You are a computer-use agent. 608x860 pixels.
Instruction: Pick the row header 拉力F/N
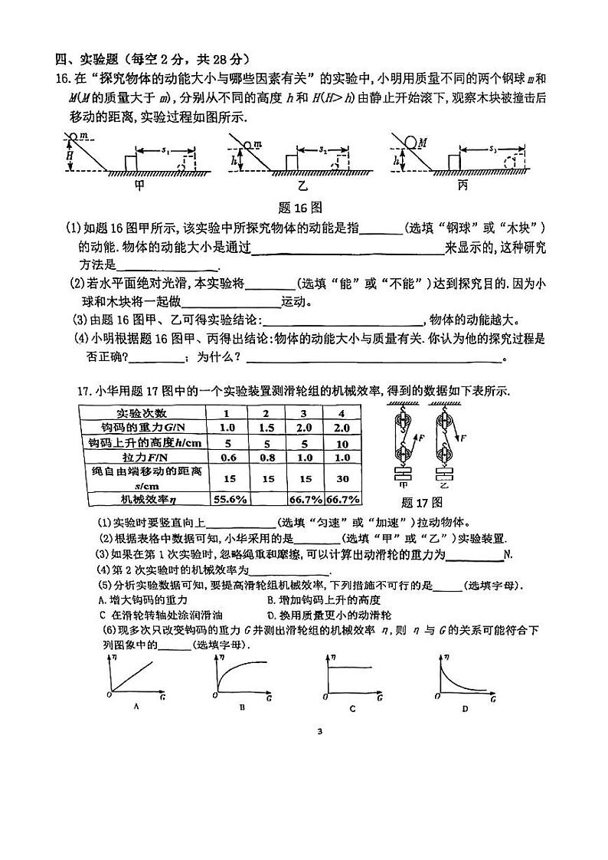[x=142, y=458]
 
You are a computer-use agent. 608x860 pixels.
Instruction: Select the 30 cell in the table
[x=342, y=479]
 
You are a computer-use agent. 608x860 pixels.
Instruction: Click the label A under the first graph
[x=136, y=706]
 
